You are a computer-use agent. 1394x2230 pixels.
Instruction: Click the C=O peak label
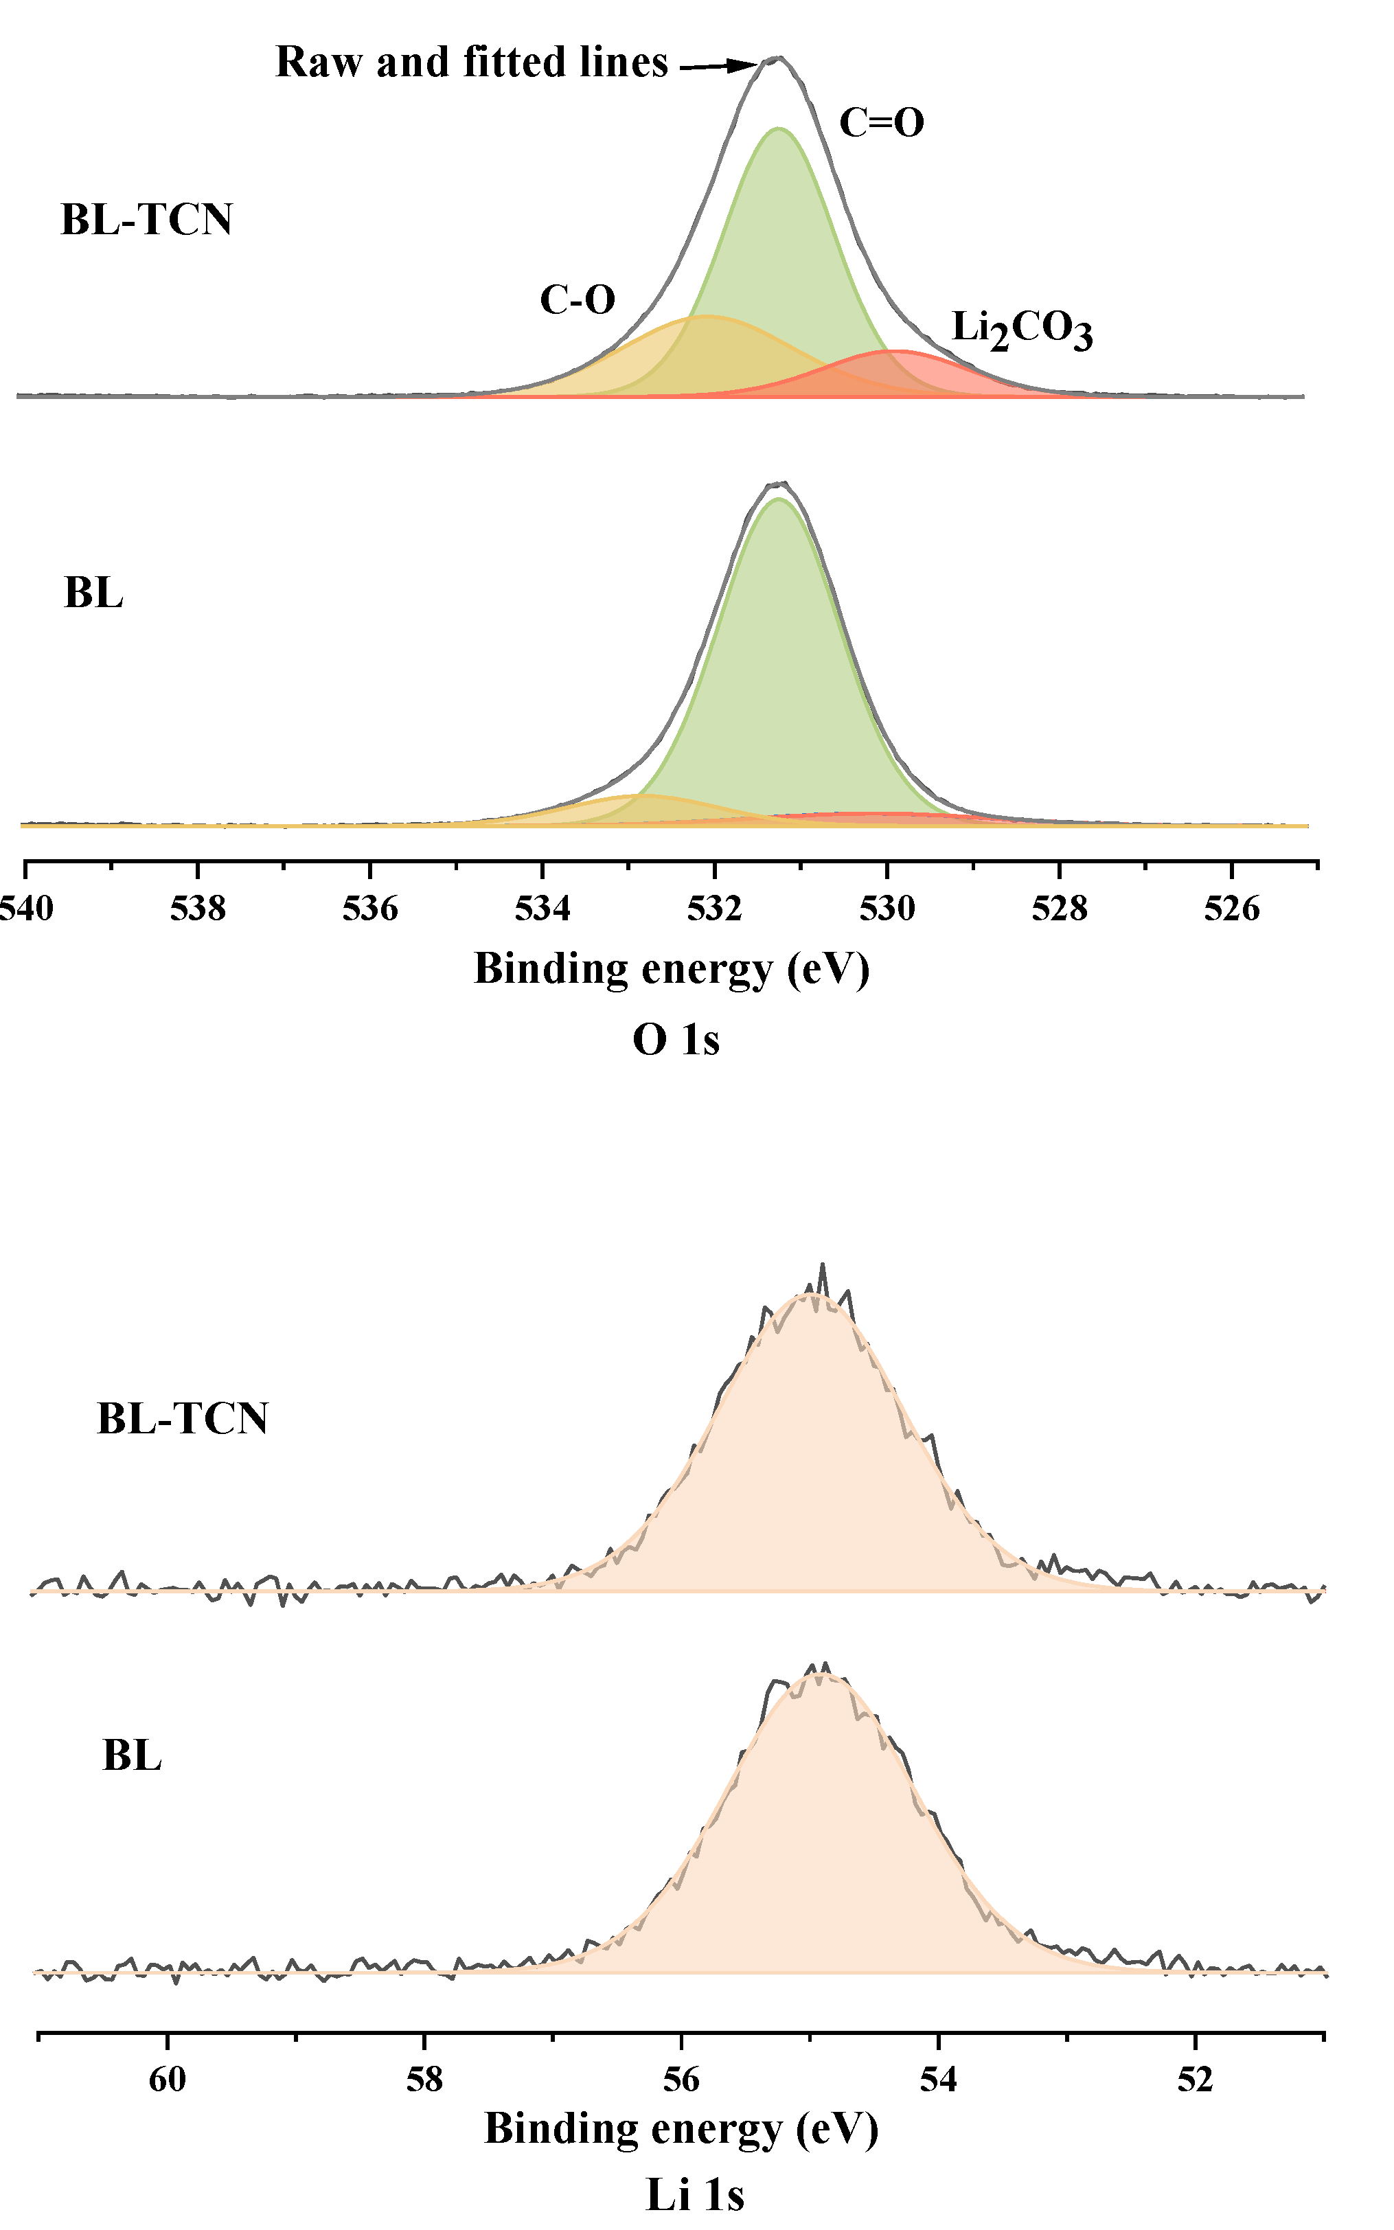882,123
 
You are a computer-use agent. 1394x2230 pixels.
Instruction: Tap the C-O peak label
577,299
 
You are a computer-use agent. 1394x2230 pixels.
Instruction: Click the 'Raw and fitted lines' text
471,62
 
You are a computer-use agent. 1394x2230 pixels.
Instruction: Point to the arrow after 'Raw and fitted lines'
718,65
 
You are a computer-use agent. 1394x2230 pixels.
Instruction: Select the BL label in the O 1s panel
93,593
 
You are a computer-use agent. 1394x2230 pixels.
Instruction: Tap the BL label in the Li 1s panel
132,1755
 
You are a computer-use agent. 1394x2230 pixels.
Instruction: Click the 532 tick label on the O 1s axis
715,909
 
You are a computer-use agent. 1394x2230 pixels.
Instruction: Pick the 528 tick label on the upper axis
1060,909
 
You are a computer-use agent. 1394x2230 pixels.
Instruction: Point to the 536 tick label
369,909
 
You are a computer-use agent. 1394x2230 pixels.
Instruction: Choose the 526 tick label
1232,909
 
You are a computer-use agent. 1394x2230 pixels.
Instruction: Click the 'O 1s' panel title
676,1040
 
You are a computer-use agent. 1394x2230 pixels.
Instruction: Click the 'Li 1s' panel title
694,2195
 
